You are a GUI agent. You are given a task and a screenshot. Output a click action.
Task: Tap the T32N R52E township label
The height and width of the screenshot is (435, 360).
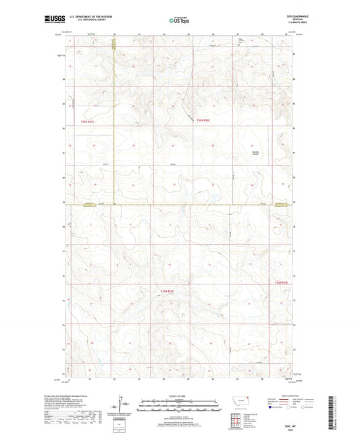pos(167,291)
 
